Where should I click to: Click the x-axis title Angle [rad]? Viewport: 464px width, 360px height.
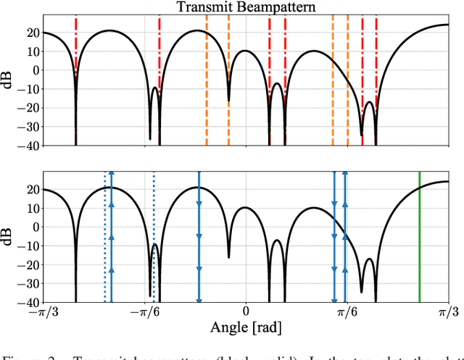pyautogui.click(x=245, y=327)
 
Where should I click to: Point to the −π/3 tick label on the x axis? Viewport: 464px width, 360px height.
pyautogui.click(x=43, y=312)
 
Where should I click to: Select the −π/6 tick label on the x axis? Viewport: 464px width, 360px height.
pyautogui.click(x=144, y=312)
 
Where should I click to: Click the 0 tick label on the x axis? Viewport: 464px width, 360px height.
pyautogui.click(x=245, y=312)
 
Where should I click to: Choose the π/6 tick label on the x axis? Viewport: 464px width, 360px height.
pyautogui.click(x=347, y=312)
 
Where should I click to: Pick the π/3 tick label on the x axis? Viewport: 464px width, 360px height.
pyautogui.click(x=447, y=312)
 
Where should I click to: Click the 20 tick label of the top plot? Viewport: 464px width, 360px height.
pyautogui.click(x=29, y=33)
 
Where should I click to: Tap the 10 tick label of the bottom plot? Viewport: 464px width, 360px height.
pyautogui.click(x=29, y=208)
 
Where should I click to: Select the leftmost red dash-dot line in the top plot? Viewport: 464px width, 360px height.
pyautogui.click(x=75, y=43)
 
